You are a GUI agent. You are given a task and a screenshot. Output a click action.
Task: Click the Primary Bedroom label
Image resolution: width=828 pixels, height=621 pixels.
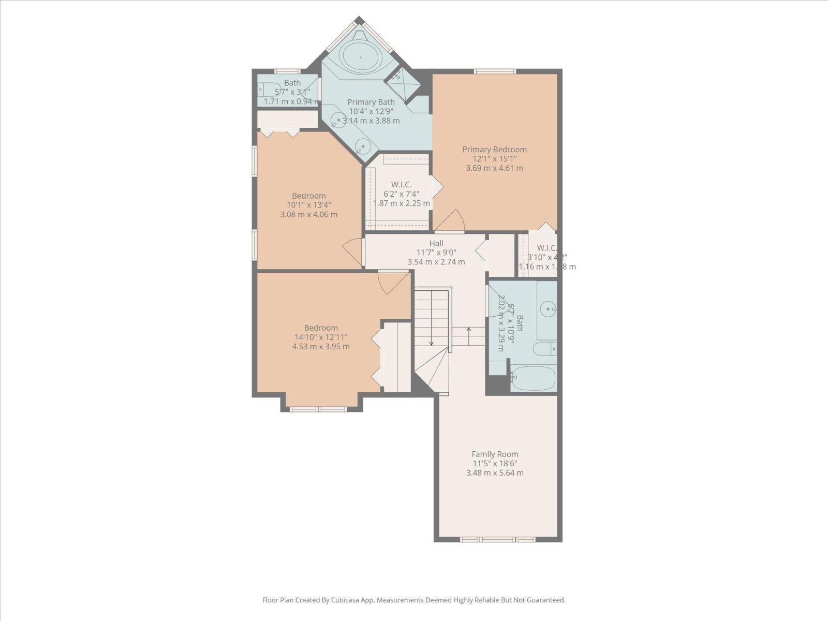(x=494, y=150)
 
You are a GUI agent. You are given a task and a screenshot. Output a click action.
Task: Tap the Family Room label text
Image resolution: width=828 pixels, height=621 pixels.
(x=494, y=454)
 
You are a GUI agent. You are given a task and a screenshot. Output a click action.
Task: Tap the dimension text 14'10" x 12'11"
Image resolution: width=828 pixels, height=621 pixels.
(x=321, y=337)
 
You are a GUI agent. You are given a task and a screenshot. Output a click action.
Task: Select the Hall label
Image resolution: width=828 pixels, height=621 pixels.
(x=436, y=243)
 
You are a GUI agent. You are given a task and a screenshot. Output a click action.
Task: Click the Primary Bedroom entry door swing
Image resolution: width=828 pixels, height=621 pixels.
(x=451, y=221)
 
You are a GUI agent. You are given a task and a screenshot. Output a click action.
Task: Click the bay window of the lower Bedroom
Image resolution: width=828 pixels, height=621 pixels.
(x=318, y=409)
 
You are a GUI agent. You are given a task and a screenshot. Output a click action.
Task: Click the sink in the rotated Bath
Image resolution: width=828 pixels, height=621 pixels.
(x=548, y=309)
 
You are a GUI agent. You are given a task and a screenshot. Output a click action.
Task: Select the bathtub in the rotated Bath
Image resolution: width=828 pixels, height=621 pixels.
(x=533, y=378)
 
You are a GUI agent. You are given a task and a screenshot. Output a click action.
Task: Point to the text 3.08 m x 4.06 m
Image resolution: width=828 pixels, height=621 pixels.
(x=308, y=214)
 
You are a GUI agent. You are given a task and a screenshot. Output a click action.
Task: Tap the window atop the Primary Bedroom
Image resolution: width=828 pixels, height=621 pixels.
(x=495, y=71)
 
